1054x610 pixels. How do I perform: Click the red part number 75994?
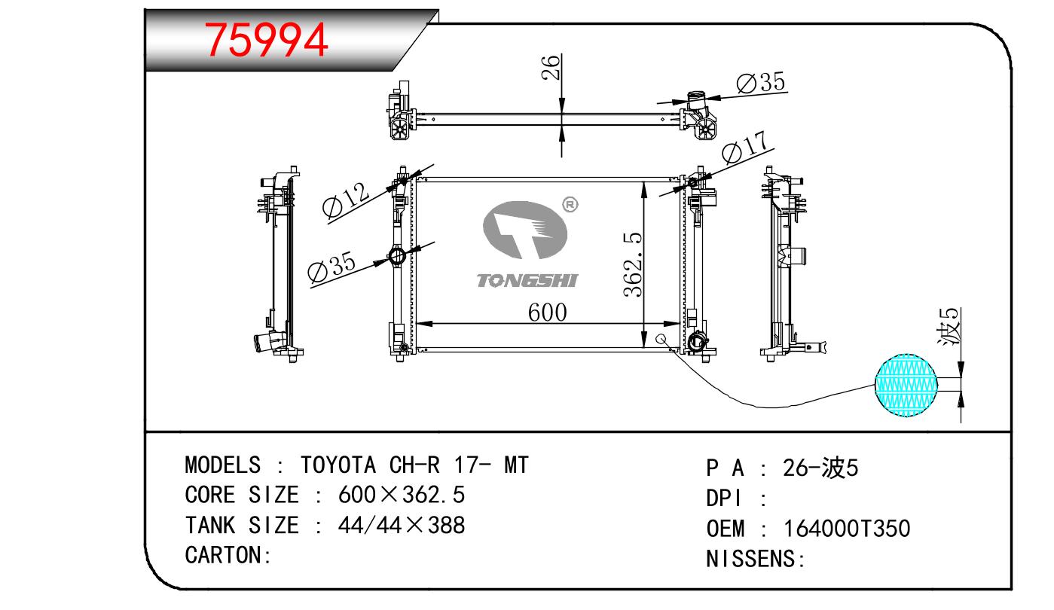click(267, 40)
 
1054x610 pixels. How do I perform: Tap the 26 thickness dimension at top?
click(552, 68)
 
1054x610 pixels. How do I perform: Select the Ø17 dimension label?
click(744, 148)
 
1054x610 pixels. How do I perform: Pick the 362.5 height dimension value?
click(631, 264)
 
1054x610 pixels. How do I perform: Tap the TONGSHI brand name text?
click(527, 280)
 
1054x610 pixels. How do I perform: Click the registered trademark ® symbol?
click(570, 204)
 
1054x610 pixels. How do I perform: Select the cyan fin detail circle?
click(907, 385)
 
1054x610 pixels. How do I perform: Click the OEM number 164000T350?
click(846, 529)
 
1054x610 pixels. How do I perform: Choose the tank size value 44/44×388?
click(402, 525)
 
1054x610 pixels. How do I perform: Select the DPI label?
click(725, 499)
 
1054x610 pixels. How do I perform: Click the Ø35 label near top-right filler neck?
click(760, 82)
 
